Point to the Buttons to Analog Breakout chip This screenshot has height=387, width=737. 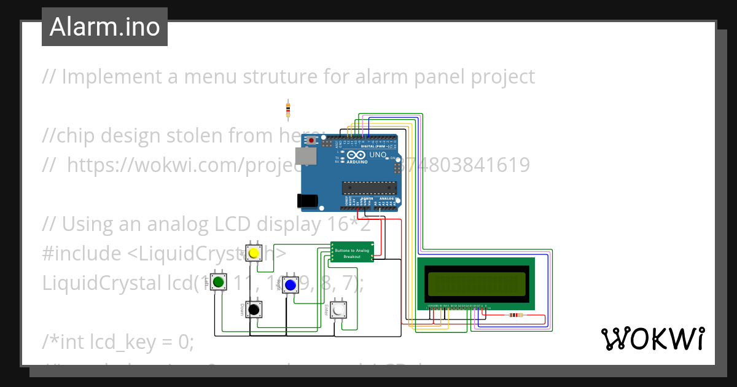(352, 252)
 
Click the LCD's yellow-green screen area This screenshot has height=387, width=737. (476, 283)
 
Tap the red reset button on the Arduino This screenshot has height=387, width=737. (312, 141)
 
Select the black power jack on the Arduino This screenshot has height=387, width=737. (306, 200)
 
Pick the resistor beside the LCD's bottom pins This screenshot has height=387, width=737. (515, 316)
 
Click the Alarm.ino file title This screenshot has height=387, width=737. (104, 26)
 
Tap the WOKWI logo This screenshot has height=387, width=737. (652, 338)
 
